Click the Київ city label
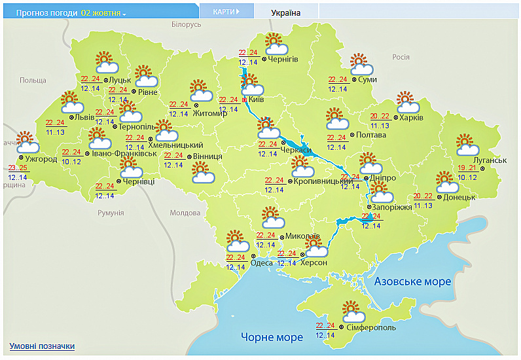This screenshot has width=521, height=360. point(256,99)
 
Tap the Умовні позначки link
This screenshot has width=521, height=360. point(42,346)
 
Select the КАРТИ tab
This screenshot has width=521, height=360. point(226,12)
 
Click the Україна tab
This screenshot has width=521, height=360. point(286,12)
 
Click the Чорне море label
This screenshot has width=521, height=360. point(272,337)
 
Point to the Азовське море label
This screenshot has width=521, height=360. point(412,281)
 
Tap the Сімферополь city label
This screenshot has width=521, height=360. point(370,326)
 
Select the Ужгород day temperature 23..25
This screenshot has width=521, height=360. point(18,168)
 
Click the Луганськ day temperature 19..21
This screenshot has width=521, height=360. point(467,168)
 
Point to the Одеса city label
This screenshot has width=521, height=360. point(262,262)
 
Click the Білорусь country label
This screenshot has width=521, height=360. point(186,24)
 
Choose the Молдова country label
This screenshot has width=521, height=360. point(185,213)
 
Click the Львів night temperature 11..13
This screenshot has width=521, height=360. point(55,132)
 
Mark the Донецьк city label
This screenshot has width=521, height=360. point(459,196)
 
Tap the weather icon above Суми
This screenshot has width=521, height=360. point(361,65)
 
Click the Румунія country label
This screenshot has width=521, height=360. point(111,213)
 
